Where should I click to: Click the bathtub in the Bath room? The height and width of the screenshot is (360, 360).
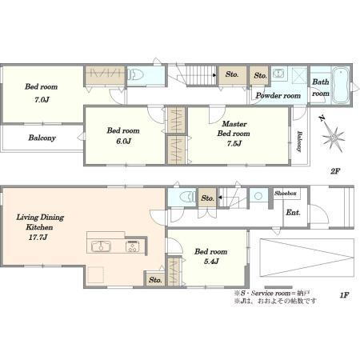coord(341,86)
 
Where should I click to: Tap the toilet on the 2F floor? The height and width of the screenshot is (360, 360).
coord(135,75)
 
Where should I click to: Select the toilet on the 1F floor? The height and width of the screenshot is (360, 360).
coord(187,197)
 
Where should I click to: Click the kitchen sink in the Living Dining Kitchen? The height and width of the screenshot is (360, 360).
coord(101,246)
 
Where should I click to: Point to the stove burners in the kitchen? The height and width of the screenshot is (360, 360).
coord(132,246)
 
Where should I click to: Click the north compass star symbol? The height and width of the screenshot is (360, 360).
coord(333,137)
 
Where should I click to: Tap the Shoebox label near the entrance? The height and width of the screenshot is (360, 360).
coord(286,193)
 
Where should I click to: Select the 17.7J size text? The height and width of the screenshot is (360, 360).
coord(38,237)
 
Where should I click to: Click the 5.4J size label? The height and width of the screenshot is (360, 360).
coord(211,262)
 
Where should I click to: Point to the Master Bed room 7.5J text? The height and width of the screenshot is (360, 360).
coord(234,134)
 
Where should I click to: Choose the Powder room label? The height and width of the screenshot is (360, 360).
coord(278,95)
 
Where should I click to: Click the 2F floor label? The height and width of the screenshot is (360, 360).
coord(335,171)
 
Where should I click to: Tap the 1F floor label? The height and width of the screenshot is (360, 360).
coord(344,295)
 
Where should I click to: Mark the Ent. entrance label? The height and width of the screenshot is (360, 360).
coord(293,213)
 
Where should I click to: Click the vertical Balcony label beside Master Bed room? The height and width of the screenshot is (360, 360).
coord(299,142)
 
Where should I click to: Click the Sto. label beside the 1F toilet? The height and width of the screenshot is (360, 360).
coord(208,198)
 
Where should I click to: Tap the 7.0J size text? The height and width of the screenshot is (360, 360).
coord(42,100)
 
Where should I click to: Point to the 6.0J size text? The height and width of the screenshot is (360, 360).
coord(123,142)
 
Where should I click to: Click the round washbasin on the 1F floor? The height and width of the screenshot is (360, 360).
coord(258,196)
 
